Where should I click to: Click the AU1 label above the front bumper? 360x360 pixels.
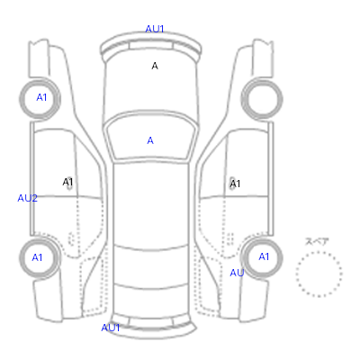[155, 29]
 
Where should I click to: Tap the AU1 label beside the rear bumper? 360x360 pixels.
[111, 328]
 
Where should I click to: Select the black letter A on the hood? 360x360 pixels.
[155, 66]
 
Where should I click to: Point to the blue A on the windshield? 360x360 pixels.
[150, 140]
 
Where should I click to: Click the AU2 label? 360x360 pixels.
[27, 198]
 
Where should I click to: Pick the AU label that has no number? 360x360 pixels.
[237, 273]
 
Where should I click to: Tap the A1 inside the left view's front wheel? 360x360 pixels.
[41, 97]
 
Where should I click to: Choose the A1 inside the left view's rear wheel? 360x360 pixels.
[37, 257]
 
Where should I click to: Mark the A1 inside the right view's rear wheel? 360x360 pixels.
[264, 256]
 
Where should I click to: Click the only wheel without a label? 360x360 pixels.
[262, 79]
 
